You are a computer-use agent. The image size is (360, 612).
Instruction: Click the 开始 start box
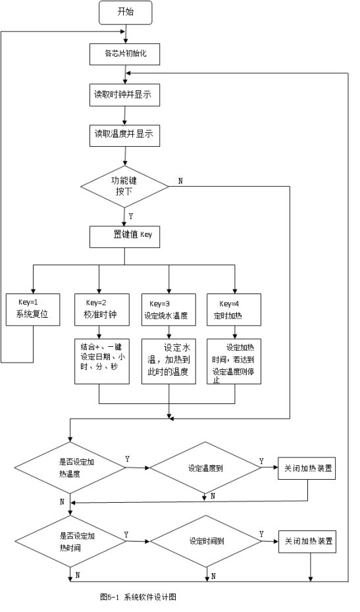tap(125, 12)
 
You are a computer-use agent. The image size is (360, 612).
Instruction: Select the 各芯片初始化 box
tap(125, 53)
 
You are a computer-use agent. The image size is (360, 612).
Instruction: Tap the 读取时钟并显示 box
tap(125, 95)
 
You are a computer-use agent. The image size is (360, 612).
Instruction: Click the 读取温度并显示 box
tap(125, 135)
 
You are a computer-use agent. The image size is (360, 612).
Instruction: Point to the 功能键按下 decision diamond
tap(124, 186)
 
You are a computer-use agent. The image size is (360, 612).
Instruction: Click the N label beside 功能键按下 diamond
tap(180, 181)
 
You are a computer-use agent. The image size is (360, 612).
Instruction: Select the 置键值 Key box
tap(125, 236)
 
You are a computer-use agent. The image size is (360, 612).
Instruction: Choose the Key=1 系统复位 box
tap(33, 309)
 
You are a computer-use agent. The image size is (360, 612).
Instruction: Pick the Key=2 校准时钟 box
tap(102, 309)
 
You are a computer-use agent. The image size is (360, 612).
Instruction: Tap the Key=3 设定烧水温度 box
tap(168, 309)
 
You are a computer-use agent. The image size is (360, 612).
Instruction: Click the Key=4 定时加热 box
tap(234, 309)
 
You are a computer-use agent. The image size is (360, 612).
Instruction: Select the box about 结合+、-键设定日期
tap(102, 361)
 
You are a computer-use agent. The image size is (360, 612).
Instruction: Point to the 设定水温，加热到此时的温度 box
tap(168, 361)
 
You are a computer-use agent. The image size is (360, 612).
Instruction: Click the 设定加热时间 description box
tap(234, 361)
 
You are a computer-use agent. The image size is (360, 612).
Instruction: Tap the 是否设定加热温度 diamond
tap(70, 467)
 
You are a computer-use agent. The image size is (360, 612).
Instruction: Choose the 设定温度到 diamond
tap(205, 468)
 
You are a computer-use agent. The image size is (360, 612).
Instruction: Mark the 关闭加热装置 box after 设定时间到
tap(307, 542)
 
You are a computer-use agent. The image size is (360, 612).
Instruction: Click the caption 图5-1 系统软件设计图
tap(138, 597)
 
